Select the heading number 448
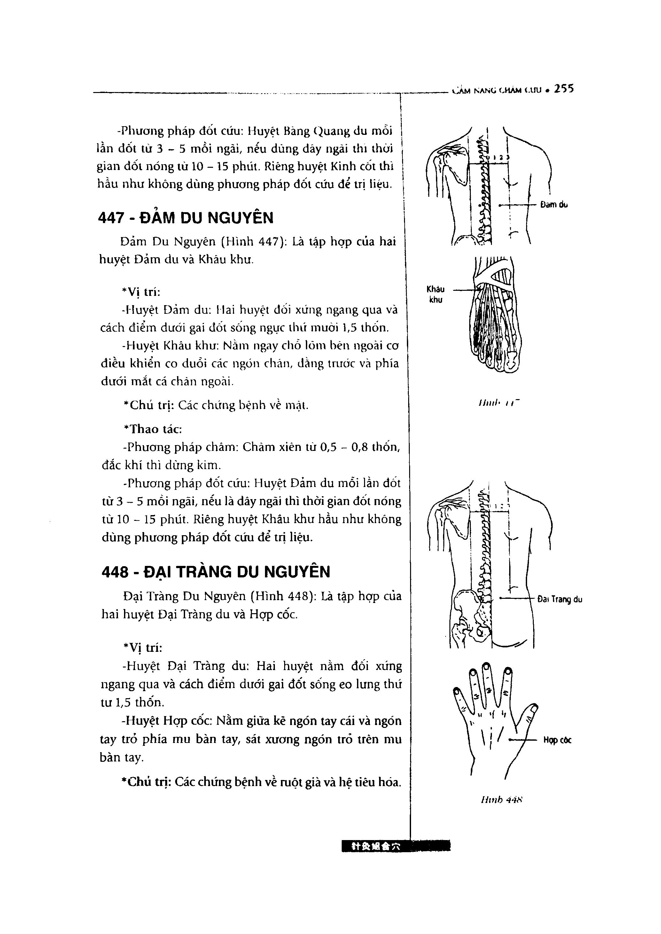click(x=114, y=572)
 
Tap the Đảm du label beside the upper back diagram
click(x=554, y=205)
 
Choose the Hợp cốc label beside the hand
click(x=557, y=740)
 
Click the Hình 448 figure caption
click(x=502, y=800)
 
